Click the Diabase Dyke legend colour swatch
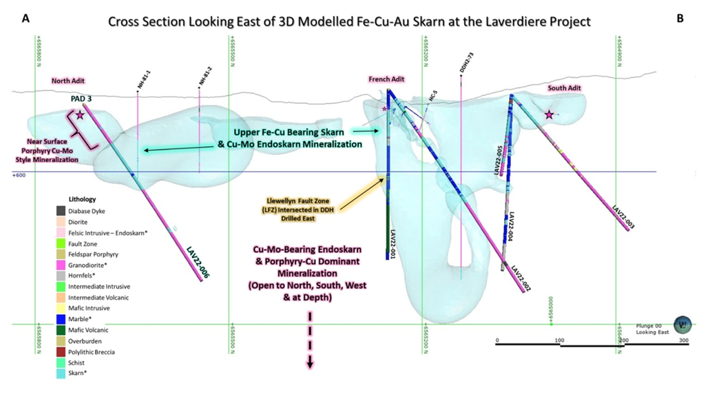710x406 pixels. pyautogui.click(x=61, y=210)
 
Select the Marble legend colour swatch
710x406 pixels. pyautogui.click(x=61, y=318)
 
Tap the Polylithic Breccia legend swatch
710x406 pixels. pyautogui.click(x=61, y=351)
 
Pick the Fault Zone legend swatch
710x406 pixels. pyautogui.click(x=61, y=243)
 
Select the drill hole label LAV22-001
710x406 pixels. pyautogui.click(x=394, y=243)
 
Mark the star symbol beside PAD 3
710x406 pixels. pyautogui.click(x=81, y=115)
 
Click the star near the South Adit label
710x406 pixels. pyautogui.click(x=549, y=114)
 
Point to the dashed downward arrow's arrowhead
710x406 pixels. pyautogui.click(x=310, y=363)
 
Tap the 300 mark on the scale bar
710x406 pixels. pyautogui.click(x=684, y=341)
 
